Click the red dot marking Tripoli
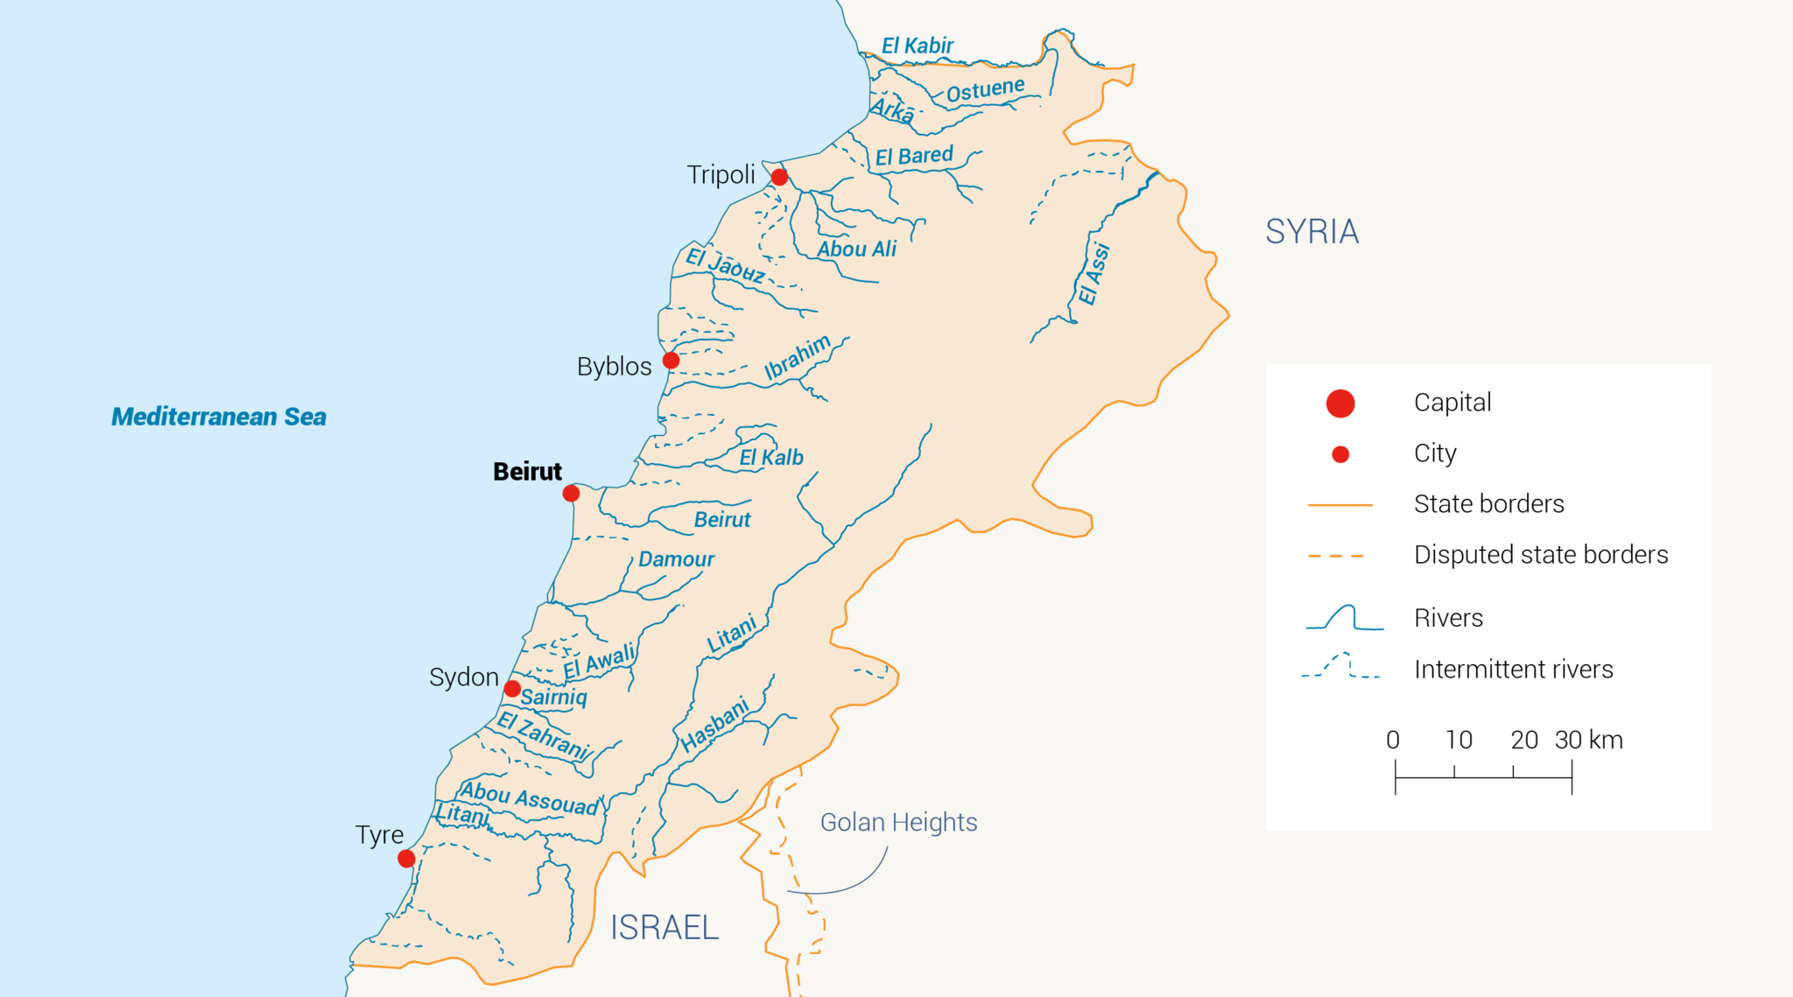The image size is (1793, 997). [x=779, y=178]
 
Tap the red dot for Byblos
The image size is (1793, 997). [x=671, y=360]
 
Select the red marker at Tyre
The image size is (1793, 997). [x=406, y=859]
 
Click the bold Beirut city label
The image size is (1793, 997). [x=527, y=472]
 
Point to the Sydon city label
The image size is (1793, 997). [x=463, y=677]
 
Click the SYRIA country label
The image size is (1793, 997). [x=1311, y=232]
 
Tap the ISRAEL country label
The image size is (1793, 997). [x=664, y=927]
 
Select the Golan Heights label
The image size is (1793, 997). [x=898, y=822]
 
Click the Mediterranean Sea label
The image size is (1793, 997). [x=219, y=417]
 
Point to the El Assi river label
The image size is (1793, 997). [x=1093, y=274]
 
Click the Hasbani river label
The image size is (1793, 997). [x=715, y=724]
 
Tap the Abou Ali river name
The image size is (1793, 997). [x=856, y=249]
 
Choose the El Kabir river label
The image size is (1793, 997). [x=917, y=46]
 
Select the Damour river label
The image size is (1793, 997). [x=676, y=559]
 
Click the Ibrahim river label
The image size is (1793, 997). [x=797, y=357]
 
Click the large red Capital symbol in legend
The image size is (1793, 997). [x=1340, y=404]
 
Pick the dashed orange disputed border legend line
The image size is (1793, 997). [x=1336, y=556]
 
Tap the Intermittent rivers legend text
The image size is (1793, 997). [x=1513, y=670]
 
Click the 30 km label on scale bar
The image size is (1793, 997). [x=1588, y=741]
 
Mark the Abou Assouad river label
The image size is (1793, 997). [x=530, y=798]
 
